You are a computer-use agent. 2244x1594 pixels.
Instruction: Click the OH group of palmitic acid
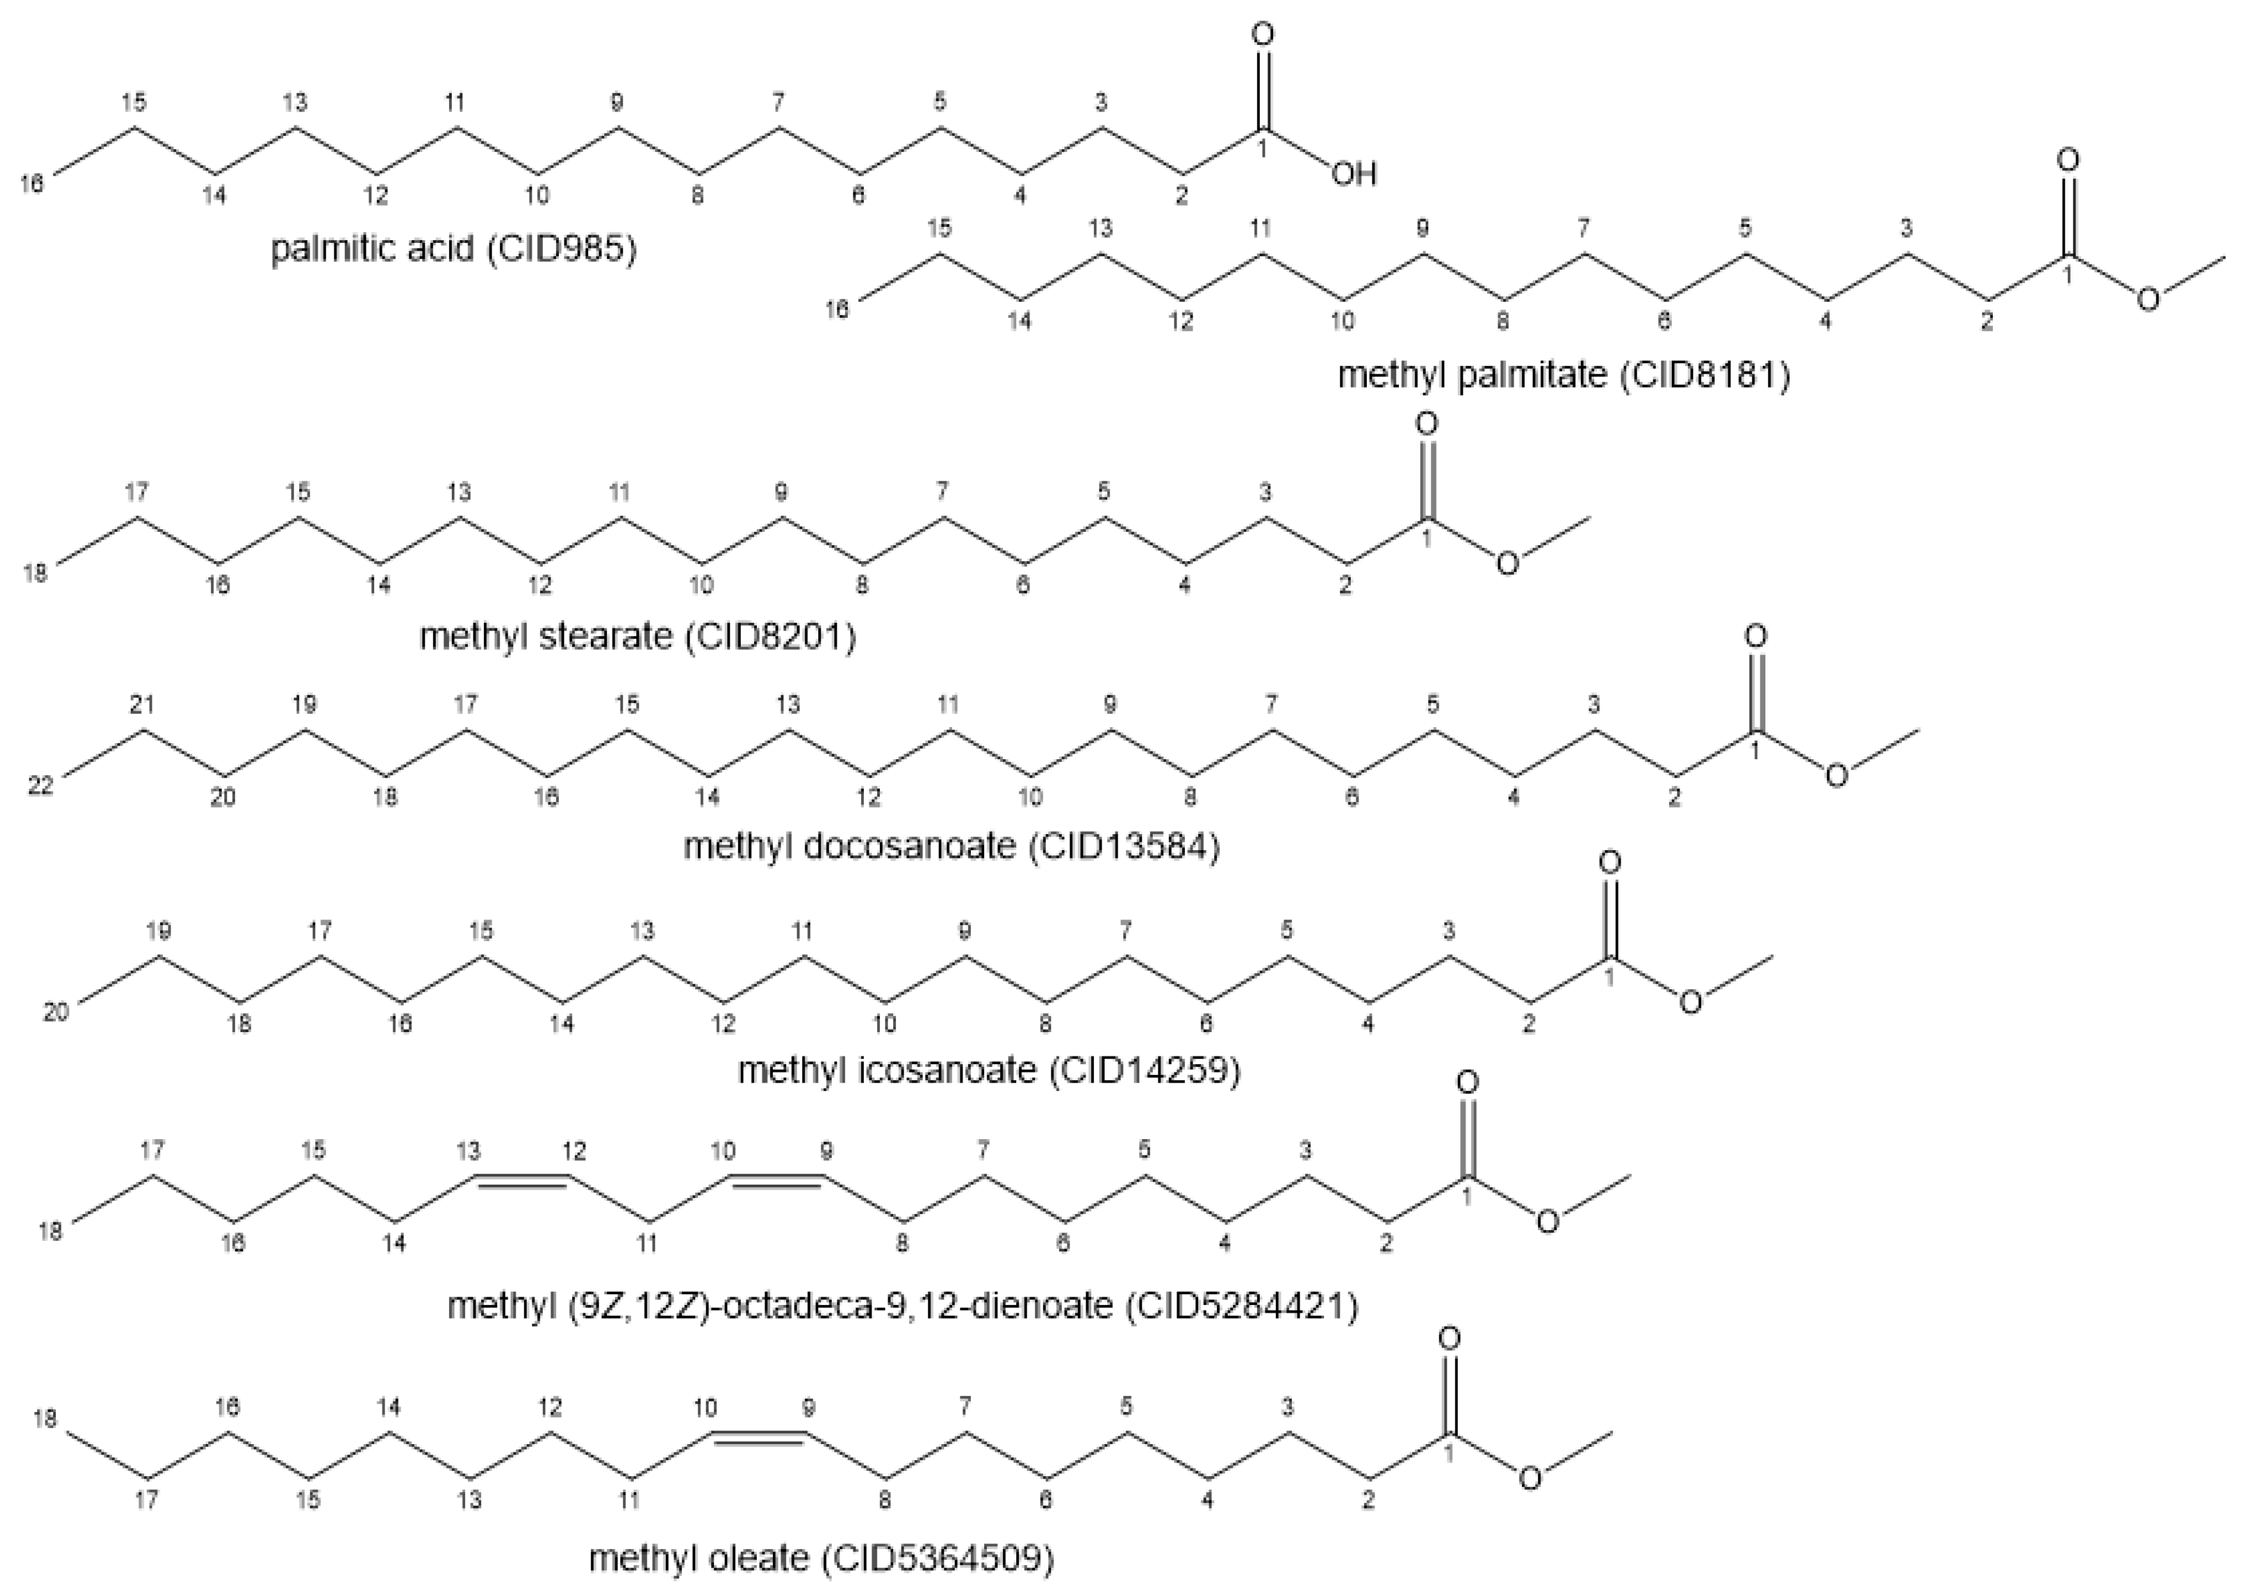[1354, 175]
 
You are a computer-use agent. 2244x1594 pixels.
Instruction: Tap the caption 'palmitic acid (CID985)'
[454, 249]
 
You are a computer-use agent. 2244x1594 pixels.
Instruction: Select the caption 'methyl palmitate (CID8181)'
[1563, 375]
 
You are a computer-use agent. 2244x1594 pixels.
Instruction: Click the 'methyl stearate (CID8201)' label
[638, 637]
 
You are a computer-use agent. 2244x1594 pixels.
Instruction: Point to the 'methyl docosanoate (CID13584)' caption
[951, 846]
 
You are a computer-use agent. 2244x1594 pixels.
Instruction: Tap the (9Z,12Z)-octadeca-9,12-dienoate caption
[903, 1306]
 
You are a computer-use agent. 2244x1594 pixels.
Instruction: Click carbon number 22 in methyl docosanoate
[40, 786]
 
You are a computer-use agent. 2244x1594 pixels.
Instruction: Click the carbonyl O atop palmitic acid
[1264, 35]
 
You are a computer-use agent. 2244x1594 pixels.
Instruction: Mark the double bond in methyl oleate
[758, 1438]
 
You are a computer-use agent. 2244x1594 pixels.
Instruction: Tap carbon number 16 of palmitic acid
[33, 183]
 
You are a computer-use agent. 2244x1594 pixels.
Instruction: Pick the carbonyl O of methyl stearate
[1426, 424]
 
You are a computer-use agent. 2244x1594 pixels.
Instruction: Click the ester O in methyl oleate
[1530, 1478]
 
